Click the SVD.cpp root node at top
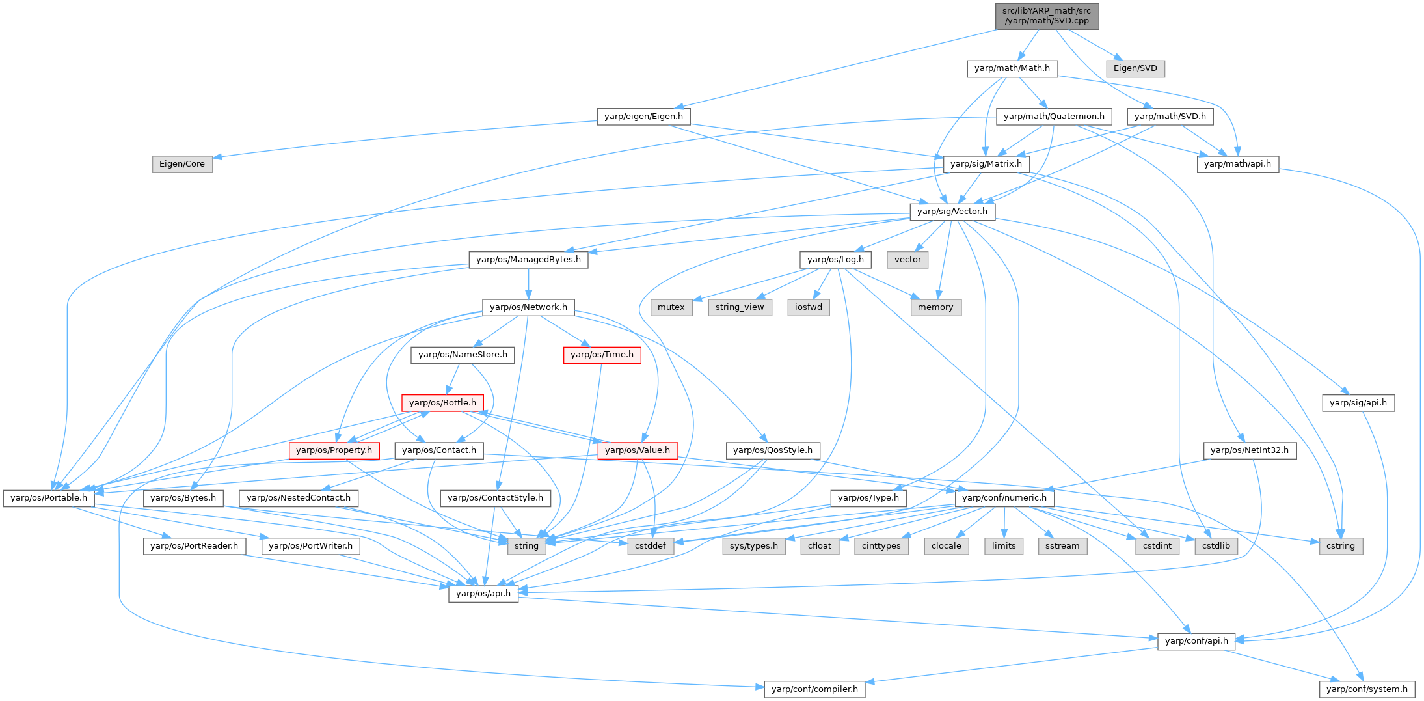1046,16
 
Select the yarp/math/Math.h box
1012,68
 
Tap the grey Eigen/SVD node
1135,68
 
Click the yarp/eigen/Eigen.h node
643,117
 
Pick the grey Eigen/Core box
182,164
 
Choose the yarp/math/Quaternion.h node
1054,117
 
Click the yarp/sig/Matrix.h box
986,164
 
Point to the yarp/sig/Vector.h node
952,212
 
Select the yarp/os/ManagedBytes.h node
528,260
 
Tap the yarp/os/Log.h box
835,260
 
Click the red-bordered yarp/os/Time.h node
602,355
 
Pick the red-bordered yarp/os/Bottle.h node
442,403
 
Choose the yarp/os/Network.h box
528,307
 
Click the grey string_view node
740,307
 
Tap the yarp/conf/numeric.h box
1004,498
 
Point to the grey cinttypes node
881,546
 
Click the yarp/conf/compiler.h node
814,689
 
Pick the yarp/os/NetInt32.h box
1250,450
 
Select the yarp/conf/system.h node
1367,689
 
